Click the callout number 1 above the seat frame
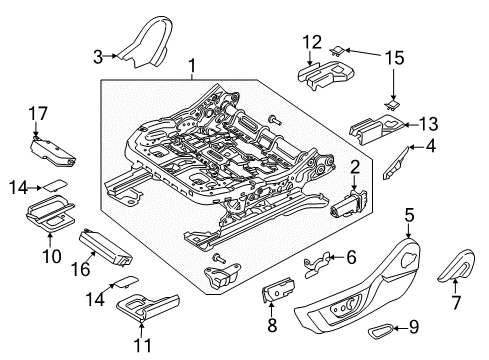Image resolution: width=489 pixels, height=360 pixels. click(x=193, y=68)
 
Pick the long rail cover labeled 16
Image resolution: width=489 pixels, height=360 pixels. click(x=110, y=245)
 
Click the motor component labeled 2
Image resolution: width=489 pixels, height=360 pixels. click(x=345, y=206)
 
